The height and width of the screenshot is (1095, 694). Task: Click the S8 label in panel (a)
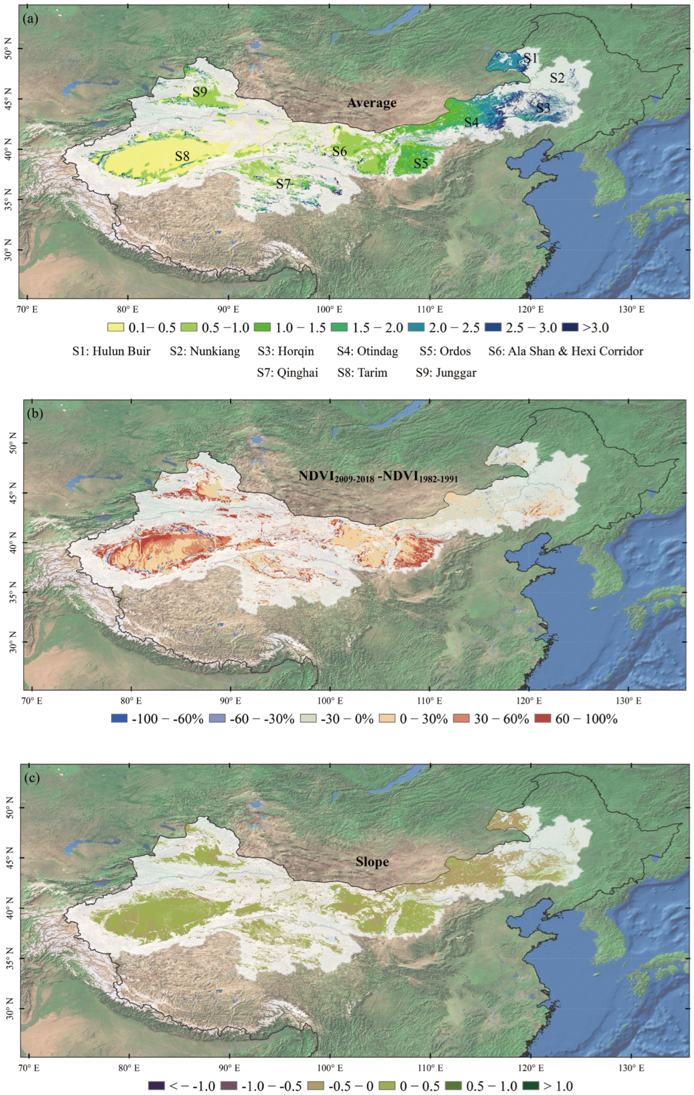pyautogui.click(x=182, y=156)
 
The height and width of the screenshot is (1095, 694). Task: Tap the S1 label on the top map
pyautogui.click(x=530, y=58)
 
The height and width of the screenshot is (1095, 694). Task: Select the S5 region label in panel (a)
pyautogui.click(x=421, y=163)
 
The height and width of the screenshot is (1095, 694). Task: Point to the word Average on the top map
pyautogui.click(x=372, y=103)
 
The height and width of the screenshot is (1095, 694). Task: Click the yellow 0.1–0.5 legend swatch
pyautogui.click(x=116, y=327)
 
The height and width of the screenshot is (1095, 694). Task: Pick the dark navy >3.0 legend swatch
pyautogui.click(x=570, y=327)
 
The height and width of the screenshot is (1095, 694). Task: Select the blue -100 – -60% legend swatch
pyautogui.click(x=119, y=718)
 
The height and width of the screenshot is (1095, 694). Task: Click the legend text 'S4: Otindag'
pyautogui.click(x=367, y=351)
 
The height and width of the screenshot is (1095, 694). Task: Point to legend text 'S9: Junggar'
pyautogui.click(x=446, y=373)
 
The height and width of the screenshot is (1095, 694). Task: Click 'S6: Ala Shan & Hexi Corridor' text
pyautogui.click(x=566, y=351)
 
